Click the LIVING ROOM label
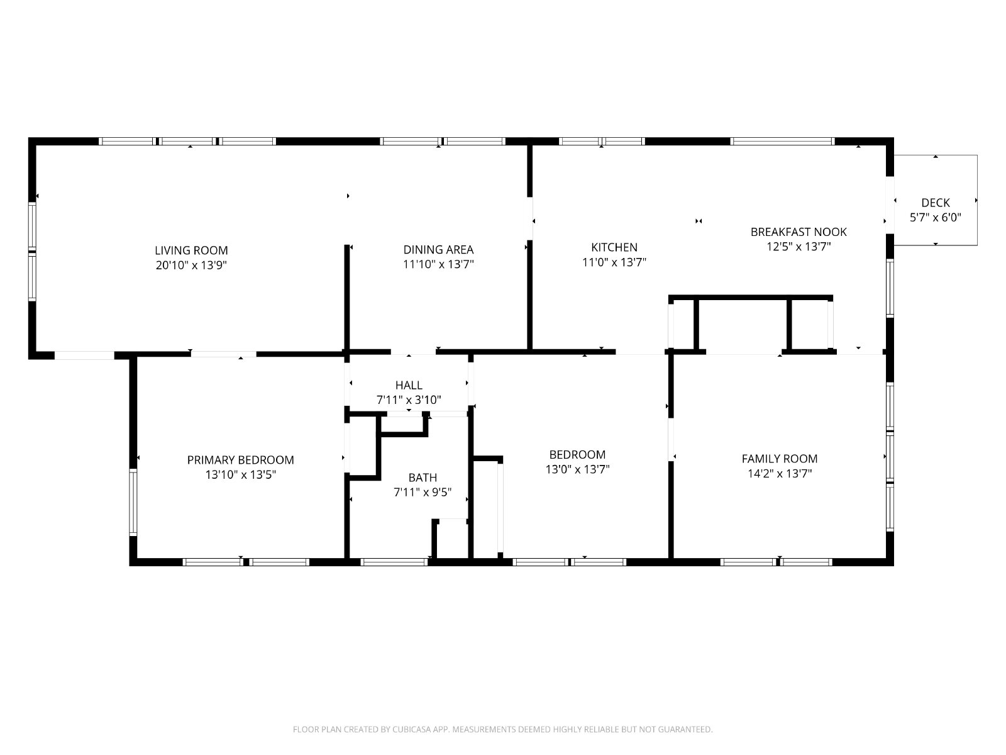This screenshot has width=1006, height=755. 191,250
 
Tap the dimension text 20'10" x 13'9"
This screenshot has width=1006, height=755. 191,265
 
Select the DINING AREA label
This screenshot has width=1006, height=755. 438,249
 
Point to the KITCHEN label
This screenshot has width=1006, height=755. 614,247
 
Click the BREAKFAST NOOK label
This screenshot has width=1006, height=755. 799,232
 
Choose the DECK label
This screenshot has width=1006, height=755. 936,202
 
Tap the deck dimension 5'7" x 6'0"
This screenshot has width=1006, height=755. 936,217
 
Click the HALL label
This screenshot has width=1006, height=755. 409,385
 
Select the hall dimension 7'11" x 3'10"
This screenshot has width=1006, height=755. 409,400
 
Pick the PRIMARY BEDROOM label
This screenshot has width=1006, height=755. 241,460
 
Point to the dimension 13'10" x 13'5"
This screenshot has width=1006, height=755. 241,474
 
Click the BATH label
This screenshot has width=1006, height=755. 423,478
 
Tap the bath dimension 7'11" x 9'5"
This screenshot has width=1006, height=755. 423,493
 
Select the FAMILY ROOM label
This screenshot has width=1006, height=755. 780,459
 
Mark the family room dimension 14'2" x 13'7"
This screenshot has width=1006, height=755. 780,473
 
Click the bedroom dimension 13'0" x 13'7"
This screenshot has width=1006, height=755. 577,469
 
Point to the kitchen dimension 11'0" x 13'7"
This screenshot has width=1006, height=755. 614,262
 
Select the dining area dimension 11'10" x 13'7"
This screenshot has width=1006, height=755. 438,264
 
